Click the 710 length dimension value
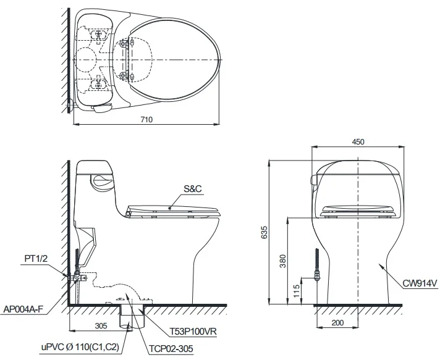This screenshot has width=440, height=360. [x=146, y=119]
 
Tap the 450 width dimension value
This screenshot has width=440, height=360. [x=358, y=141]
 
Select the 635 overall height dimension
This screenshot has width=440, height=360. [x=264, y=232]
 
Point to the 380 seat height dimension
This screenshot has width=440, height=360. [x=282, y=261]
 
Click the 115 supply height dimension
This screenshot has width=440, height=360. [x=297, y=291]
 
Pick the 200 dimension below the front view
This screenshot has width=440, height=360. [x=337, y=323]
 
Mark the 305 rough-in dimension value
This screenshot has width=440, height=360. [x=101, y=325]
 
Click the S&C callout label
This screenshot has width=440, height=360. [x=193, y=189]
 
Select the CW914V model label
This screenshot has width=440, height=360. [x=420, y=283]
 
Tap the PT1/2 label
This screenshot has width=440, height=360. [x=36, y=258]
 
